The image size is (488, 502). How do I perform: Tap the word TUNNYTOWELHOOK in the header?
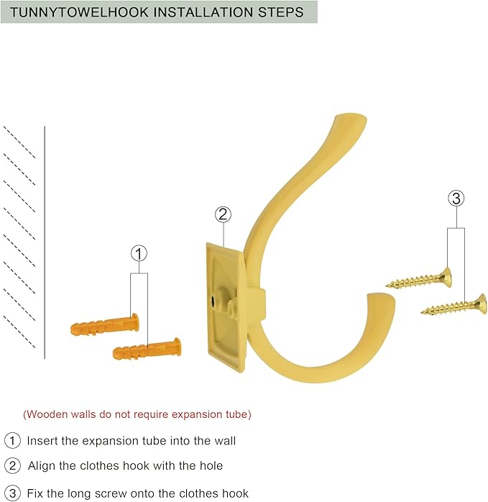point(80,12)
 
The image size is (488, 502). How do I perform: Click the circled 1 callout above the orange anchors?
point(139,254)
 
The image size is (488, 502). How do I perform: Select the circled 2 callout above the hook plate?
point(223,214)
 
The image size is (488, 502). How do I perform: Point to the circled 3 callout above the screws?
point(456,198)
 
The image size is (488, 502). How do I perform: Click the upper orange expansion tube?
point(105,324)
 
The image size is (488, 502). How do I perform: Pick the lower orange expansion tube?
point(147,349)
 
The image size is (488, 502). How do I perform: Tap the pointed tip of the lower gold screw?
point(422,311)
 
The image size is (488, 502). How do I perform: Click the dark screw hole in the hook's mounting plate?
point(213,301)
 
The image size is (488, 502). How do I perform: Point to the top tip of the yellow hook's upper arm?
point(352,116)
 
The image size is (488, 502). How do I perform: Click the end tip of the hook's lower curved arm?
point(381,298)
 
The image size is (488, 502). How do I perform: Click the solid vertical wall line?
point(45,242)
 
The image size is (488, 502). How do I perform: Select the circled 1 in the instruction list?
point(12,441)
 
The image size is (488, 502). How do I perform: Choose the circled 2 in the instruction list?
point(12,465)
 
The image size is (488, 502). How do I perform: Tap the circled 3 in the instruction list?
point(12,493)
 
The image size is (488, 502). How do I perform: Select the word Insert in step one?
point(42,441)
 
